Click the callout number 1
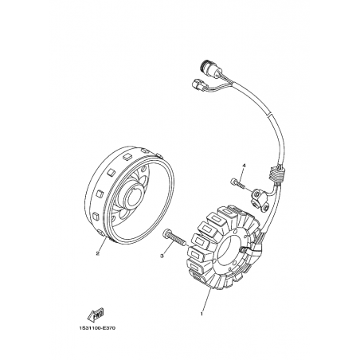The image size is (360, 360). pos(202,314)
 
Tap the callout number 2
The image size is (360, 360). pos(97,254)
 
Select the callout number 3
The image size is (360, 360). pos(162,256)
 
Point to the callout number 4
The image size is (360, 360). pos(244,166)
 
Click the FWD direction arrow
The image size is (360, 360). pos(96,315)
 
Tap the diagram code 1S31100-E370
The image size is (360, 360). pos(97,328)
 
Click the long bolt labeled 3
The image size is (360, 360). pos(174,237)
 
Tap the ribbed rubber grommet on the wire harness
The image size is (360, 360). pos(277,174)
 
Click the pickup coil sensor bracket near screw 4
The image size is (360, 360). pos(258,199)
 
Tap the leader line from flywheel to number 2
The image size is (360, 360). pos(103,244)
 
